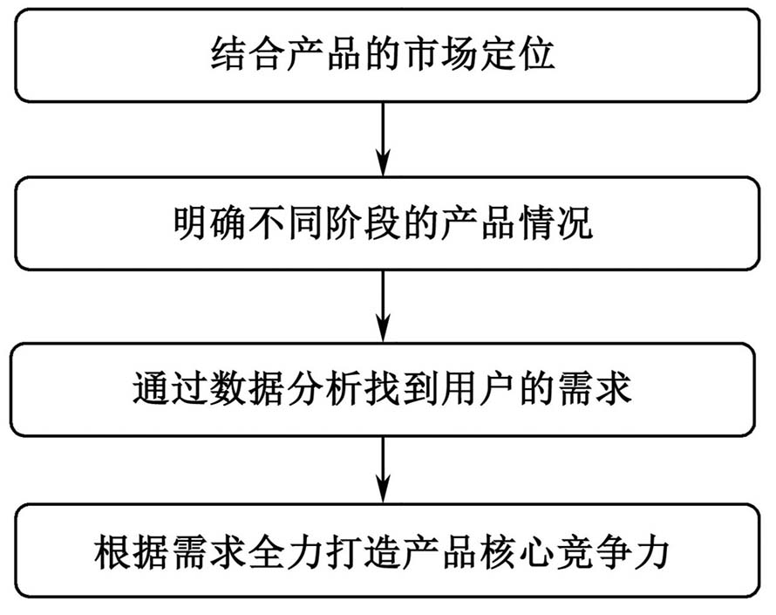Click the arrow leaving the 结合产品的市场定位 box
pos(383,139)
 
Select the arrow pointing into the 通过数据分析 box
pos(383,306)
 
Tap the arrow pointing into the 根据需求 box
pos(383,470)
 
